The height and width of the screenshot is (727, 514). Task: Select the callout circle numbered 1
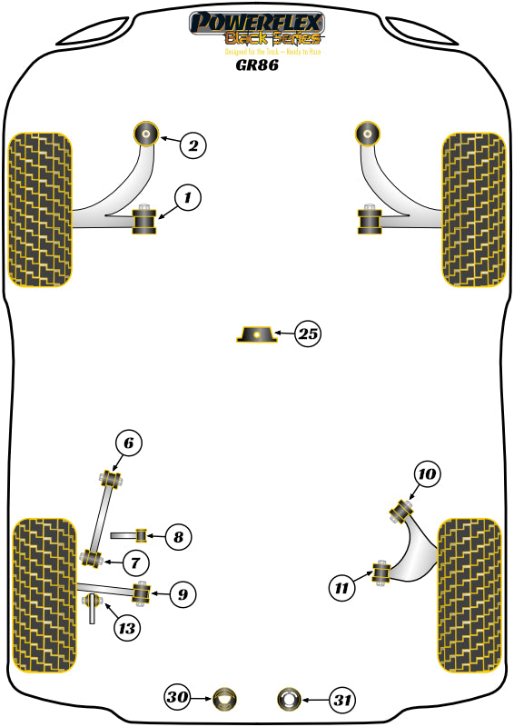tap(187, 197)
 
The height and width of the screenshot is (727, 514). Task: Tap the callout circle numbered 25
tap(308, 334)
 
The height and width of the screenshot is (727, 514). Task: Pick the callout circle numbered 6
tap(129, 443)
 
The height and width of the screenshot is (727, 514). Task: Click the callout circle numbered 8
tap(178, 537)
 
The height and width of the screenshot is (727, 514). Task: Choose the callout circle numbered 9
tap(182, 594)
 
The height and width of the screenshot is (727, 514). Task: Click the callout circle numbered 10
tap(427, 473)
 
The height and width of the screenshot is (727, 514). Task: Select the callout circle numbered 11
tap(341, 588)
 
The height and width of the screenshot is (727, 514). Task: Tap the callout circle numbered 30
tap(178, 699)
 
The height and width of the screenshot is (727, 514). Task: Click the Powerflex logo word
tap(257, 22)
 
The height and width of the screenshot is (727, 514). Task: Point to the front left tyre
tap(40, 210)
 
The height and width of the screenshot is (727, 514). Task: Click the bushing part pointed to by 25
tap(257, 335)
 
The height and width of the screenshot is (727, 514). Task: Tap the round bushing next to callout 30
tap(223, 700)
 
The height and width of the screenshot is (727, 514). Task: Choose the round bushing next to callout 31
tap(288, 700)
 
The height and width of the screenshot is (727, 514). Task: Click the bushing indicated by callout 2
tap(145, 134)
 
